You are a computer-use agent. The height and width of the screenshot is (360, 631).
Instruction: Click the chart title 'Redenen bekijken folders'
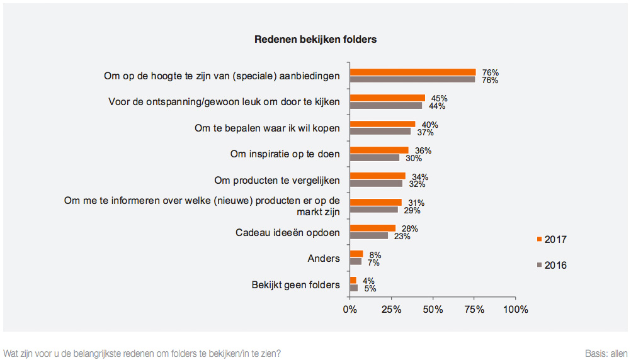pyautogui.click(x=315, y=40)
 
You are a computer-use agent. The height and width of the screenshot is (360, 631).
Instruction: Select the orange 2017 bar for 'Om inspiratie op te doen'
pyautogui.click(x=379, y=150)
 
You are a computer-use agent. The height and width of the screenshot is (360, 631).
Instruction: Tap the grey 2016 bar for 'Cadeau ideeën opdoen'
pyautogui.click(x=369, y=236)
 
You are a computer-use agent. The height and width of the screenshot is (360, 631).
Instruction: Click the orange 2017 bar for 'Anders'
pyautogui.click(x=356, y=254)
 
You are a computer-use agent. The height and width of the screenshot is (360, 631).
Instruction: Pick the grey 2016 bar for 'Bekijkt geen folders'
pyautogui.click(x=354, y=288)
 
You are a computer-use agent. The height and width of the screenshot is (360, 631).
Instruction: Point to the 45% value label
pyautogui.click(x=439, y=99)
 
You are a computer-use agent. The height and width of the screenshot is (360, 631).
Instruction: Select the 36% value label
pyautogui.click(x=423, y=151)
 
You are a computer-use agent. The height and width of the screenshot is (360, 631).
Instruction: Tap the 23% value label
pyautogui.click(x=402, y=237)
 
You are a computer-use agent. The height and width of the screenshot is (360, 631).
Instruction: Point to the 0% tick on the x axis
pyautogui.click(x=350, y=310)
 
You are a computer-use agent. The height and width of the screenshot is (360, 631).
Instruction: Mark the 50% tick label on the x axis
pyautogui.click(x=433, y=310)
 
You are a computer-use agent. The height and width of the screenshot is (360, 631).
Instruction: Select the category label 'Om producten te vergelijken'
pyautogui.click(x=277, y=180)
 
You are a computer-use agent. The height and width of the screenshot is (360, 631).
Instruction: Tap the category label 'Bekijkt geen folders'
pyautogui.click(x=295, y=284)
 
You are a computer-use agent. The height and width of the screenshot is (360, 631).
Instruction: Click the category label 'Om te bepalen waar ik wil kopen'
pyautogui.click(x=267, y=128)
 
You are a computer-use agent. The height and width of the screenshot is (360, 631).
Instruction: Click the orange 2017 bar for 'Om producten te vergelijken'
pyautogui.click(x=378, y=176)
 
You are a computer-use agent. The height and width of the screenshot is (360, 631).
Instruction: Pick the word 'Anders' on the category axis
pyautogui.click(x=324, y=259)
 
